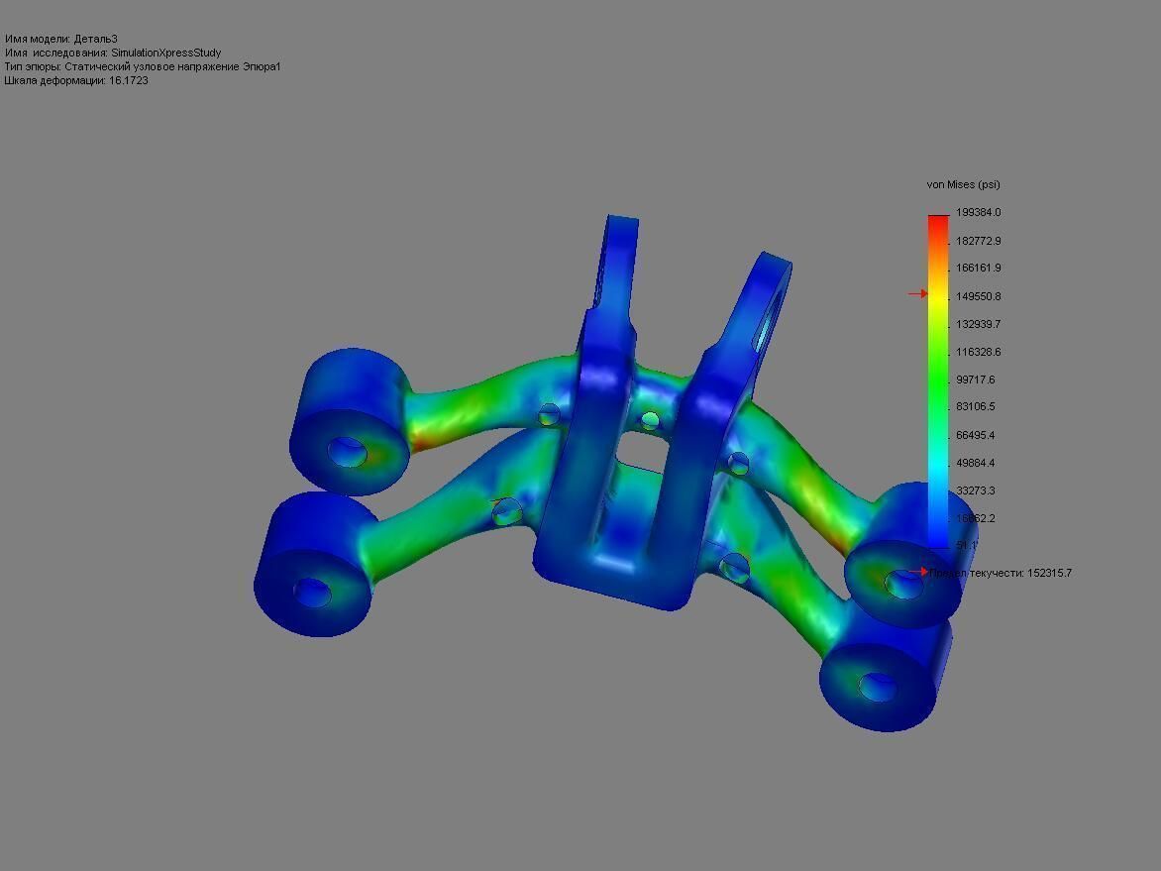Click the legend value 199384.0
(978, 213)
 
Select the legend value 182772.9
(978, 241)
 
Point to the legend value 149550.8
(978, 296)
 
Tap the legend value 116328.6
(978, 352)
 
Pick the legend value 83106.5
(975, 407)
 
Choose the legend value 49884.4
(975, 463)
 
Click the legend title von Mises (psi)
(963, 185)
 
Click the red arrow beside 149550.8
(917, 294)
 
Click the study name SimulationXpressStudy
(165, 53)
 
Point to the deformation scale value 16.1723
(128, 80)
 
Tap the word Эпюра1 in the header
(264, 66)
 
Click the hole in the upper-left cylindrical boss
(348, 452)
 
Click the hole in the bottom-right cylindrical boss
(876, 686)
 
